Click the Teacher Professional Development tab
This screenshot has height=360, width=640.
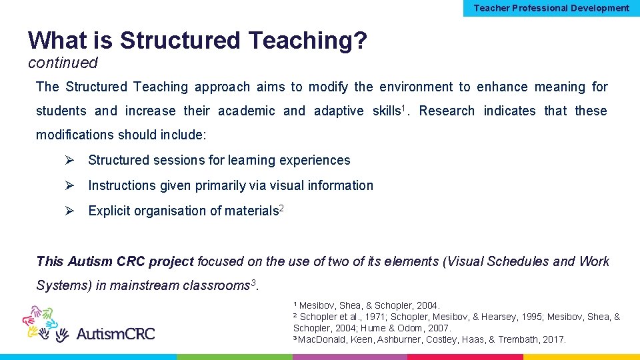[x=551, y=8]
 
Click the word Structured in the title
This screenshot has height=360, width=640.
[x=180, y=41]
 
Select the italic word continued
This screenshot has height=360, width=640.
[x=63, y=63]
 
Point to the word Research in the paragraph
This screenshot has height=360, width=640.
[x=447, y=111]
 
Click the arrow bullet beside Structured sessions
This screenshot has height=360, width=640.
[x=69, y=160]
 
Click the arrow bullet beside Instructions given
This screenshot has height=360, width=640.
[x=69, y=185]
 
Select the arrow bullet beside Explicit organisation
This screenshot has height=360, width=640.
[x=69, y=211]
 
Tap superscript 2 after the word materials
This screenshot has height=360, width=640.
[x=281, y=208]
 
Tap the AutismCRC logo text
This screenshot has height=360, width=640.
[x=115, y=333]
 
